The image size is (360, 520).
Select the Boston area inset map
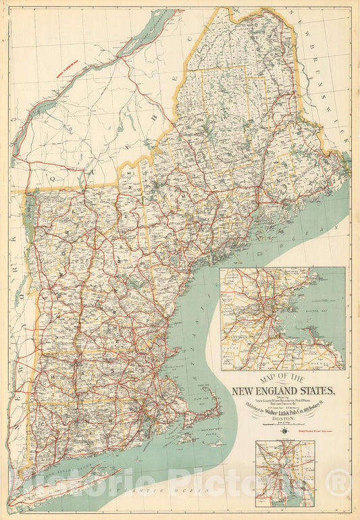tap(282, 318)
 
